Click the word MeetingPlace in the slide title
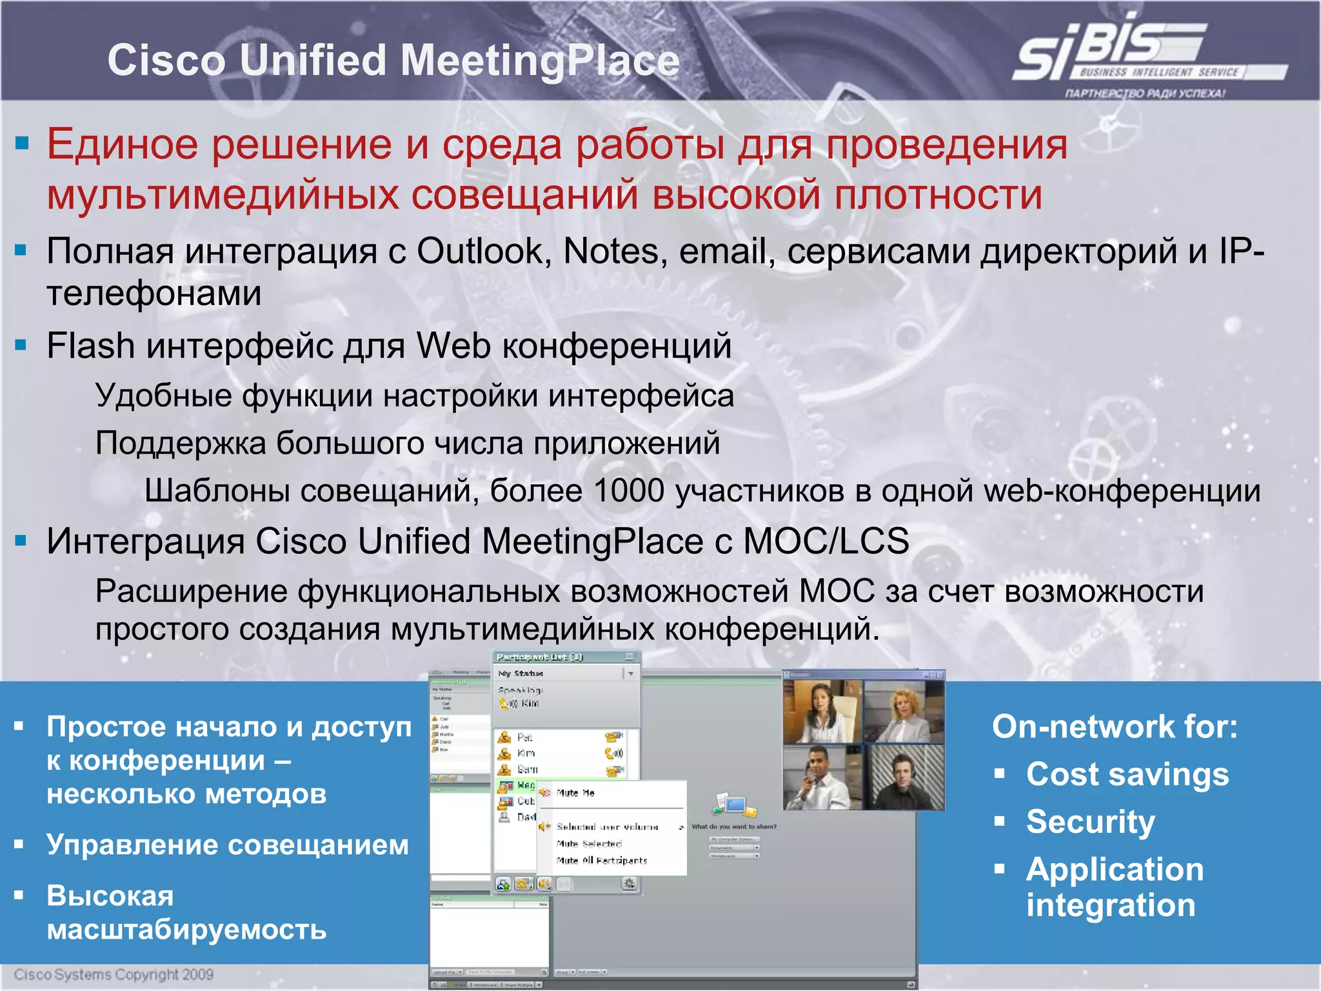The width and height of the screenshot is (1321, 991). pyautogui.click(x=539, y=61)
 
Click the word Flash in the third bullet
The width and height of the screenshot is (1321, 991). pyautogui.click(x=90, y=346)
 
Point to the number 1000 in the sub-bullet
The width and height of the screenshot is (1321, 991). pyautogui.click(x=628, y=491)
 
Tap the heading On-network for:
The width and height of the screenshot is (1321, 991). pyautogui.click(x=1115, y=727)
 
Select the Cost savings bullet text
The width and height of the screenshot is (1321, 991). pyautogui.click(x=1127, y=774)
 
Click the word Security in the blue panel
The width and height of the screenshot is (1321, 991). pyautogui.click(x=1090, y=822)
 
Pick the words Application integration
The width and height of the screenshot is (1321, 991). pyautogui.click(x=1114, y=887)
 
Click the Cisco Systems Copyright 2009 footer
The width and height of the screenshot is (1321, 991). pyautogui.click(x=114, y=974)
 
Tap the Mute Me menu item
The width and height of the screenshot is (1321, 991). pyautogui.click(x=575, y=793)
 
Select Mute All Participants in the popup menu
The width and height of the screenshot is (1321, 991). pyautogui.click(x=601, y=861)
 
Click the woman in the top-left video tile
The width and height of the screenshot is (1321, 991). pyautogui.click(x=821, y=711)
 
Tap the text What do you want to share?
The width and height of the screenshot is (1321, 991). pyautogui.click(x=734, y=826)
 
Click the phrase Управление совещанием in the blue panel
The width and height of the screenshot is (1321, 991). pyautogui.click(x=227, y=845)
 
